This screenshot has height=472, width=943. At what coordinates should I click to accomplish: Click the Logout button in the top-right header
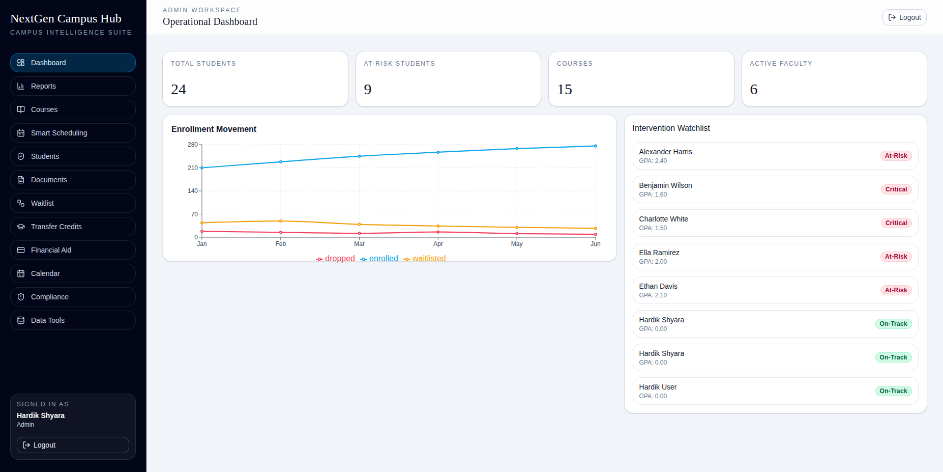(904, 17)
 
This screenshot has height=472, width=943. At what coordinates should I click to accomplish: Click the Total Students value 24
(179, 90)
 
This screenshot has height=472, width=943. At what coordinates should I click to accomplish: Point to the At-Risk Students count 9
(368, 90)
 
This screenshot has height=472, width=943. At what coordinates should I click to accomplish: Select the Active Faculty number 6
(754, 90)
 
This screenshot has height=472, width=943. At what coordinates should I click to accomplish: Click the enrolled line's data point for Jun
(596, 146)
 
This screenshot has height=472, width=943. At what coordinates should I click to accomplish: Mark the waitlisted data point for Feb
(281, 221)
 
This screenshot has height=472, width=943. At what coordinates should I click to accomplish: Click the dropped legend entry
(336, 259)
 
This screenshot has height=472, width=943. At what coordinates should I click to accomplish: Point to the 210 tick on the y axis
(193, 168)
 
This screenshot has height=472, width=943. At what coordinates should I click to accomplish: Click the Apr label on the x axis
(438, 244)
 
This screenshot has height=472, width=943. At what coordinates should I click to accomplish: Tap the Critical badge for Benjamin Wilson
(896, 189)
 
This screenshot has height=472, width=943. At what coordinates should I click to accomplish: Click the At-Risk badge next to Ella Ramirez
(896, 257)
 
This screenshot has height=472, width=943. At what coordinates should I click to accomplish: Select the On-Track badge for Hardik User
(893, 391)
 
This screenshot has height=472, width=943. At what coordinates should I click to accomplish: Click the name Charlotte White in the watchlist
(663, 219)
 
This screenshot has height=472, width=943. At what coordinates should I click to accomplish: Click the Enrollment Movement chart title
(214, 129)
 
